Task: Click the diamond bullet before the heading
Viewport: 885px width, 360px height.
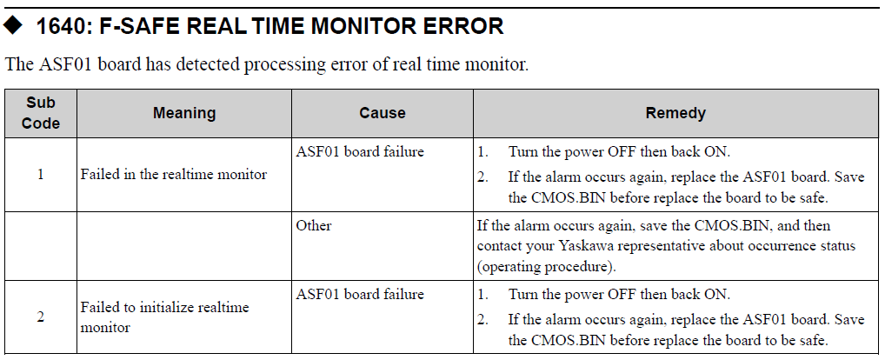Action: pos(12,25)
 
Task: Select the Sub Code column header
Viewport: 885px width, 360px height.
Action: pos(41,113)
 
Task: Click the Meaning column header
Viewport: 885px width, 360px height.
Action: pos(184,113)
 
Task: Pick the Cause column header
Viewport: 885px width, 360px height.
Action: pos(383,113)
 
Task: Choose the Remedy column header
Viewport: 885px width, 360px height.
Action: pos(675,113)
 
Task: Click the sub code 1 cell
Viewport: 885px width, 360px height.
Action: pos(41,175)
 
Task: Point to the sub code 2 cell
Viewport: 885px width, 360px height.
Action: pos(41,317)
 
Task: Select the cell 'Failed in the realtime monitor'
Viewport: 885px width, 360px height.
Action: pos(173,175)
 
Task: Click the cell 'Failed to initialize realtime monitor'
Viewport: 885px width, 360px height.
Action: pos(165,317)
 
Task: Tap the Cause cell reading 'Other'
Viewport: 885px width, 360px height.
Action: pos(313,226)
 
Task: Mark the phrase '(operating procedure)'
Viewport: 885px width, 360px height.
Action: pos(546,267)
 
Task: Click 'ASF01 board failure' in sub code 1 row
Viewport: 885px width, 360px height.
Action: pos(360,152)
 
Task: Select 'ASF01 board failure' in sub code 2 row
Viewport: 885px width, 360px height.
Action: pos(360,295)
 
